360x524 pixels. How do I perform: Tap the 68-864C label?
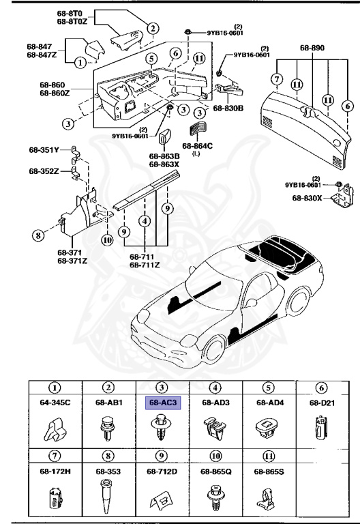click(x=198, y=145)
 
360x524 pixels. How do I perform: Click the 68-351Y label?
click(x=44, y=149)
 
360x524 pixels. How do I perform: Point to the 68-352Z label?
click(x=44, y=171)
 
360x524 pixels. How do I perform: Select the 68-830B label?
click(x=227, y=108)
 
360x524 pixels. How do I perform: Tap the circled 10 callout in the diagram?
click(x=106, y=239)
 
